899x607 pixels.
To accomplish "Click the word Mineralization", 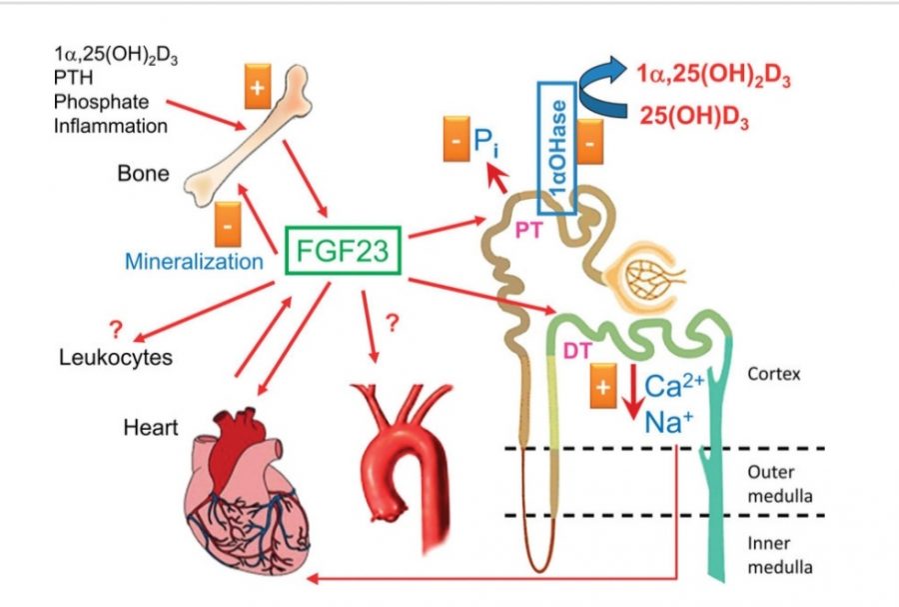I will click(194, 262).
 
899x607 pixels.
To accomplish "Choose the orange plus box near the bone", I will click(258, 91).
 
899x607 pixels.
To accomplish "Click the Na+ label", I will click(668, 421).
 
